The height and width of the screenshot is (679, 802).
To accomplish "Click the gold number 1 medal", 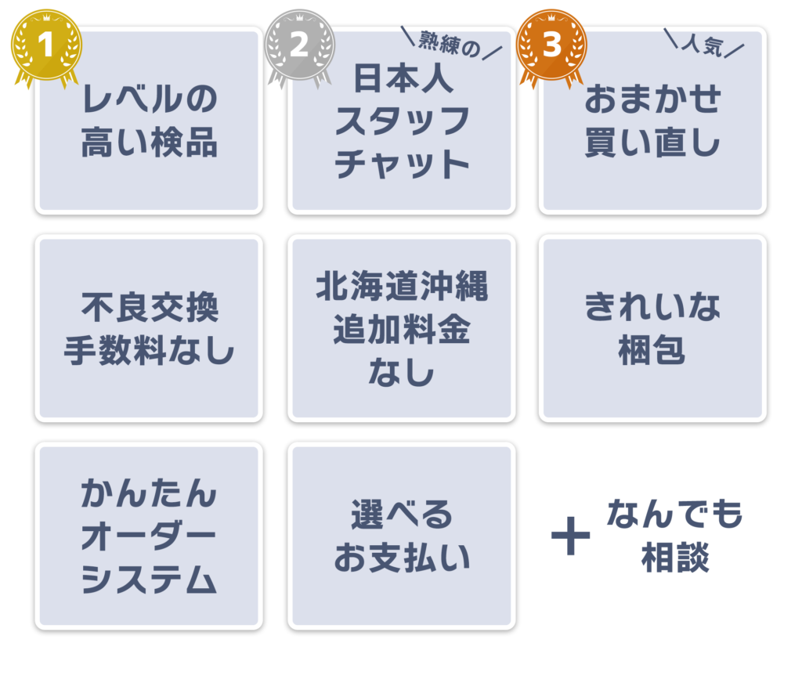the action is click(x=46, y=46).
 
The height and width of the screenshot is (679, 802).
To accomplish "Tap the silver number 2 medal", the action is click(x=300, y=46).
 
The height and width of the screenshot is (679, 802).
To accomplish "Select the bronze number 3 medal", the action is click(x=552, y=46).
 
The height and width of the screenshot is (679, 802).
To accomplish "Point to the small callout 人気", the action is click(x=703, y=45).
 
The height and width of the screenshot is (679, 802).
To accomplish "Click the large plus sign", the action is click(x=570, y=536).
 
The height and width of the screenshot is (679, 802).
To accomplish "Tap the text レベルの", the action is click(x=150, y=99).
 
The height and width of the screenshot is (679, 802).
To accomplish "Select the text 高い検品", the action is click(x=150, y=142).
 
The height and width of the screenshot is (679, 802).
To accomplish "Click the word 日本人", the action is click(x=403, y=78).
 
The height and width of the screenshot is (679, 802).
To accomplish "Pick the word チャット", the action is click(x=402, y=164).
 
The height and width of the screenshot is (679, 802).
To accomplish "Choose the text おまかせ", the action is click(x=652, y=99).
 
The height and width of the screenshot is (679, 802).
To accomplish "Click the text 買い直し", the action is click(x=652, y=142).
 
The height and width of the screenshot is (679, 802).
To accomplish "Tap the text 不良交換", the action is click(x=150, y=307).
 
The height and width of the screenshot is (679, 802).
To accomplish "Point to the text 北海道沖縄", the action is click(x=402, y=285).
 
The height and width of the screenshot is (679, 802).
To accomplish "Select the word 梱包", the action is click(x=652, y=350).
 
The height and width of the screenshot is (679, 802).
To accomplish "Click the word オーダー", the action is click(x=148, y=536).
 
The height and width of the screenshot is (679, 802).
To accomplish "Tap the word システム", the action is click(x=148, y=579).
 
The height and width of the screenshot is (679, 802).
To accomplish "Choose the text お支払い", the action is click(x=402, y=558).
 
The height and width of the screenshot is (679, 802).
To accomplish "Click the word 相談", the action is click(x=675, y=558).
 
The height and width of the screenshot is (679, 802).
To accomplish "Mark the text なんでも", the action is click(x=675, y=513).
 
